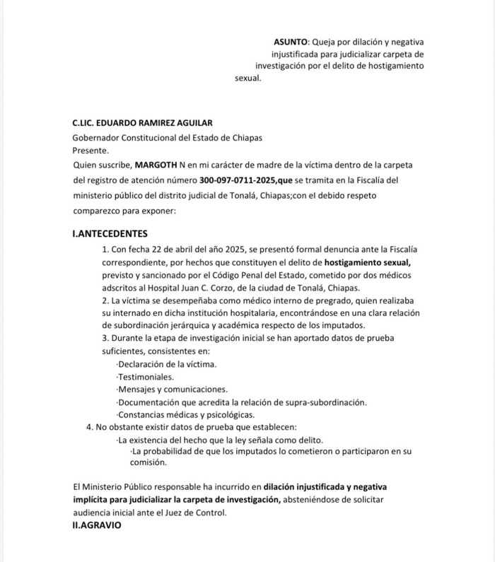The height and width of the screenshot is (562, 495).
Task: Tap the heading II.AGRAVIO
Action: [97, 526]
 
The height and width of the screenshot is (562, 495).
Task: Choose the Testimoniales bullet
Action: [146, 377]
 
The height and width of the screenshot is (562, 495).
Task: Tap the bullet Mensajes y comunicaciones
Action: [173, 390]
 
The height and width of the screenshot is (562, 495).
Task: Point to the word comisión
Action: [148, 463]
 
